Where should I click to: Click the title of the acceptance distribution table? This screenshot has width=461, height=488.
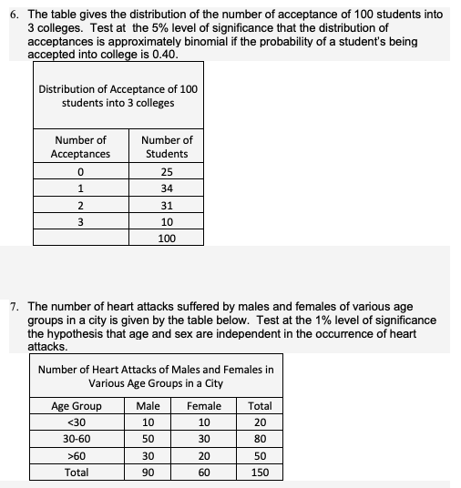tap(118, 96)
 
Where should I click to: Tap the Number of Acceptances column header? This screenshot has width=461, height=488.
tap(81, 147)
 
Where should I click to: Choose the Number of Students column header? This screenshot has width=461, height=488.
tap(167, 147)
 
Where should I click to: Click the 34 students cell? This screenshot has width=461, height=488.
tap(167, 188)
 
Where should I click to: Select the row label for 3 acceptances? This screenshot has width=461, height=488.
tap(81, 222)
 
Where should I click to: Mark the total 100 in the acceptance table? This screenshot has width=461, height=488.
tap(167, 239)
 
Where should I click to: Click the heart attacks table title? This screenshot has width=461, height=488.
tap(156, 376)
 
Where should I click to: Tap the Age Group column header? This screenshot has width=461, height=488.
tap(77, 406)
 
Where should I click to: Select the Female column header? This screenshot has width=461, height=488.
tap(203, 406)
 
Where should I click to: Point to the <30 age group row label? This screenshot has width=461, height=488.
tap(77, 422)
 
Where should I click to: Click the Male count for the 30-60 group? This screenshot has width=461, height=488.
tap(148, 439)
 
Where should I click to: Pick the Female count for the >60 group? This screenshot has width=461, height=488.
tap(203, 456)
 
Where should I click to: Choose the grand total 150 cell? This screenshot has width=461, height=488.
tap(260, 473)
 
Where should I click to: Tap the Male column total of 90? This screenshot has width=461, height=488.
tap(148, 473)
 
